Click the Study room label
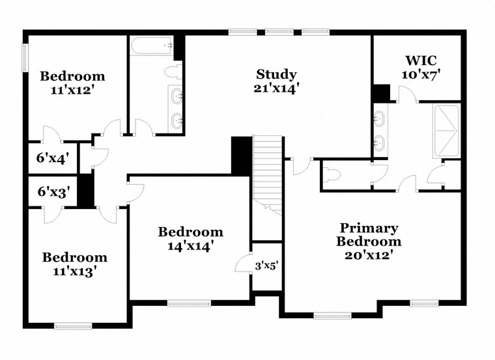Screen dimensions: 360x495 tap(276, 74)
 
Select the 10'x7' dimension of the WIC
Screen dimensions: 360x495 tap(421, 74)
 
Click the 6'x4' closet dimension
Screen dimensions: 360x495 tap(53, 157)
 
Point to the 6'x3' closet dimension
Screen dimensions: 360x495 tap(53, 191)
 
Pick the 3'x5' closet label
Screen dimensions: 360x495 tap(266, 266)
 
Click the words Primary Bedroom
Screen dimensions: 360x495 tap(368, 234)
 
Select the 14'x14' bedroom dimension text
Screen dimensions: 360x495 tap(190, 246)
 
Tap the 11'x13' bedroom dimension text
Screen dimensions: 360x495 tap(74, 271)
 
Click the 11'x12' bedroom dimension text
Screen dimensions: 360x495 tap(72, 90)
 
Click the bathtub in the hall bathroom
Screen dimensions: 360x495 tap(152, 47)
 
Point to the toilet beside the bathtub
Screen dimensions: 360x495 tap(174, 71)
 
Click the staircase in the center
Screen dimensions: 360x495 tap(268, 173)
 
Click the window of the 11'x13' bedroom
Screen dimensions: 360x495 tap(72, 325)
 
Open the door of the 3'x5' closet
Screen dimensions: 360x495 tap(243, 263)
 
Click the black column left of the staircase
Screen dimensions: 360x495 tap(242, 156)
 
